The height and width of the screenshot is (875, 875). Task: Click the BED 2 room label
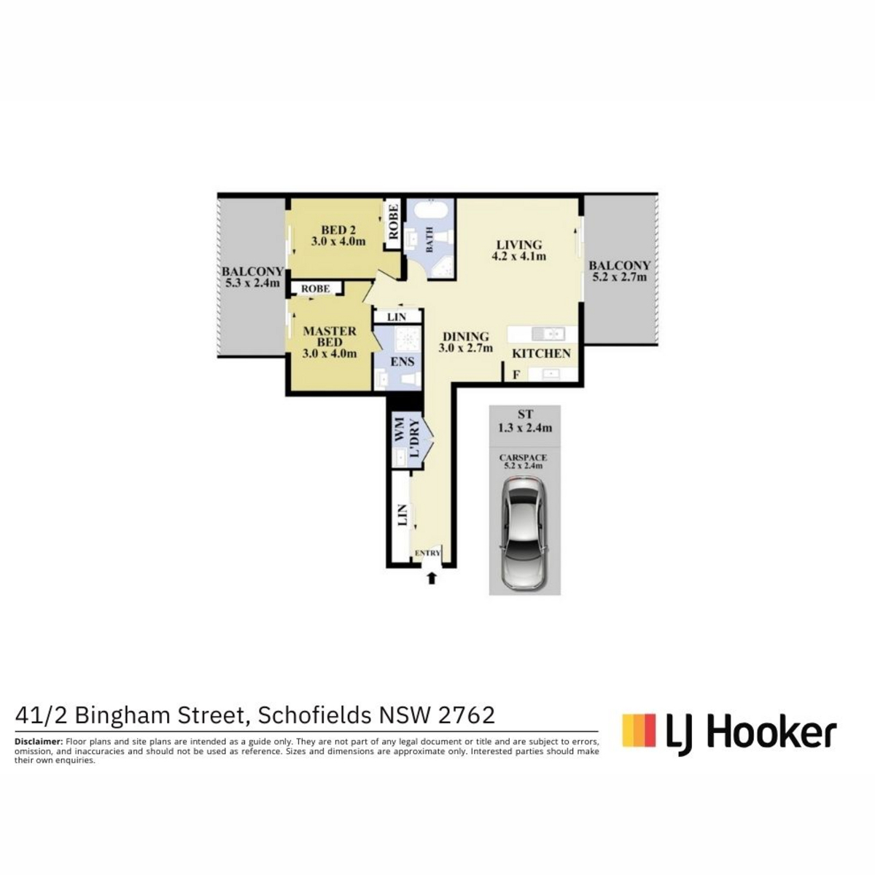tap(338, 236)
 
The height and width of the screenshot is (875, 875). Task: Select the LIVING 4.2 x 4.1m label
tap(518, 250)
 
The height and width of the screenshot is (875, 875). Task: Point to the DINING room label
tap(465, 336)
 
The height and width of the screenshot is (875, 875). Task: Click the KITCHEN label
tap(541, 353)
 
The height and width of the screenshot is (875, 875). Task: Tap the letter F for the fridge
tap(516, 375)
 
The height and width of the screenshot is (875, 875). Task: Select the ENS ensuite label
tap(402, 362)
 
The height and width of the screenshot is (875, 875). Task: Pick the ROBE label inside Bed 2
tap(393, 222)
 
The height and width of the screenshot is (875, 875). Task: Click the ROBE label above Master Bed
tap(316, 288)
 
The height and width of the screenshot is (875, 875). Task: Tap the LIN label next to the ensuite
tap(397, 317)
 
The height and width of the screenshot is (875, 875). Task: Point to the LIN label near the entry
tap(402, 516)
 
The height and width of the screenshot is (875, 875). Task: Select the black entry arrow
tap(432, 578)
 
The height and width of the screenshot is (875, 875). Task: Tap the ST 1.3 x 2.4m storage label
tap(525, 421)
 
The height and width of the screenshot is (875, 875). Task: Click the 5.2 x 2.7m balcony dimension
tap(620, 277)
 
